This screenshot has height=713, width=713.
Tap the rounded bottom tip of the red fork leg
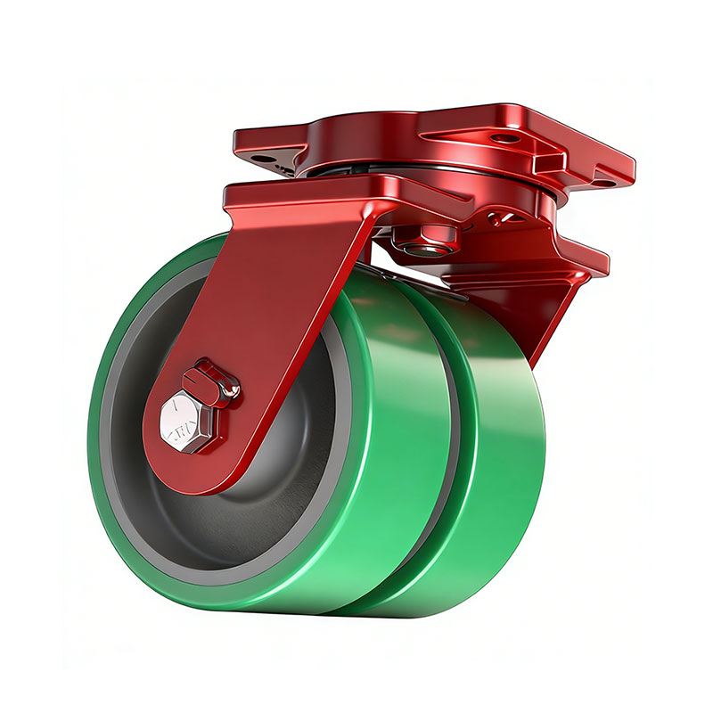click(192, 477)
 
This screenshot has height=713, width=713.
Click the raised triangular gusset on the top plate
click(481, 134)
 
